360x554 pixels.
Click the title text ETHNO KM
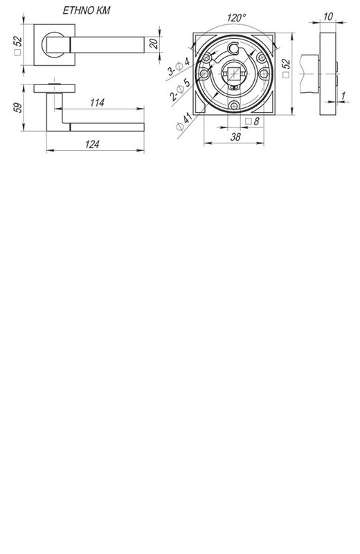[x=87, y=10]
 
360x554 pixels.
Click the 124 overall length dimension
[x=92, y=144]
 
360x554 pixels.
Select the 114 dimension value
[x=97, y=102]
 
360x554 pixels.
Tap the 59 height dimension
[x=18, y=107]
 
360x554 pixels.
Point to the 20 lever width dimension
[x=154, y=44]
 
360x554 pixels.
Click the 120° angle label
[x=236, y=17]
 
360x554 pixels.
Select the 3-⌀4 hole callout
[x=179, y=66]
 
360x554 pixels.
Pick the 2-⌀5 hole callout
[x=180, y=89]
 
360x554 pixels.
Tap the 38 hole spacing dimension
[x=235, y=136]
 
